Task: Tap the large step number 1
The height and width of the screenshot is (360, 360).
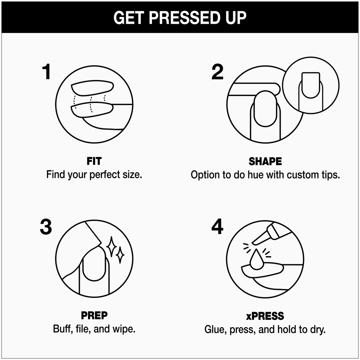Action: tap(46, 72)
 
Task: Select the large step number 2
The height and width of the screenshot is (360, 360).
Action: tap(217, 72)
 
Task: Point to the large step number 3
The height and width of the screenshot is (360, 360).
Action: tap(46, 227)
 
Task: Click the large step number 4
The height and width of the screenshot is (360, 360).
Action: tap(217, 227)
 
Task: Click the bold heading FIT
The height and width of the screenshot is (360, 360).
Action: tap(94, 161)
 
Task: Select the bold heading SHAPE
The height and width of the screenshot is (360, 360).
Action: tap(265, 161)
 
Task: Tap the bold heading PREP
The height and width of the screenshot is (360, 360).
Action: tap(94, 316)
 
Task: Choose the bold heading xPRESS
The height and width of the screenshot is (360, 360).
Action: tap(265, 316)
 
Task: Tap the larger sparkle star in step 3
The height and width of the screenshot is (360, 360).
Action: tap(112, 247)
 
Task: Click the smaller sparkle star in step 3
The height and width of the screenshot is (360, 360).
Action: tap(120, 255)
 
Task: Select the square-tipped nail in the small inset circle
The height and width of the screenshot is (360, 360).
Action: tap(311, 85)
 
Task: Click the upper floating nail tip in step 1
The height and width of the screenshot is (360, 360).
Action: tap(92, 88)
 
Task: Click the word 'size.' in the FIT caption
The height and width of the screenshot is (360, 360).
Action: tap(132, 174)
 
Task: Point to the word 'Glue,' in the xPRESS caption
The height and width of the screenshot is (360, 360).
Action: tap(215, 329)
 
